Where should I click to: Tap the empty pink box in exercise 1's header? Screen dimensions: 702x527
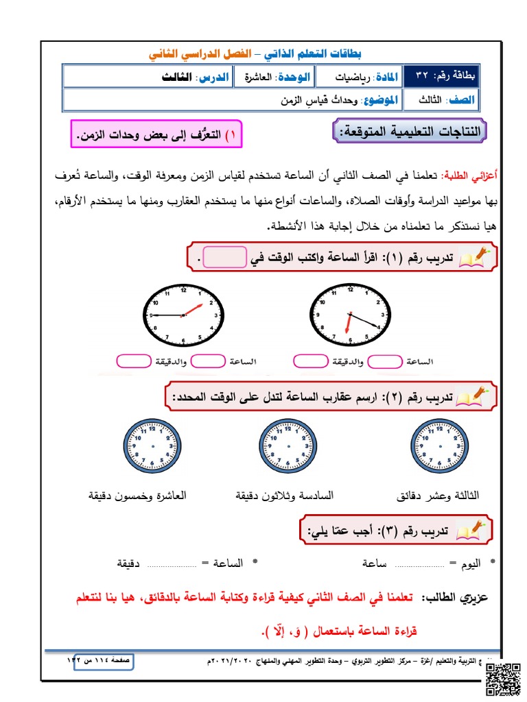(x=224, y=258)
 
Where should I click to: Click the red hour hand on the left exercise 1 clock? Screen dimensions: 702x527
(x=194, y=308)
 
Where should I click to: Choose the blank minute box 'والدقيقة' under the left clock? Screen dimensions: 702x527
(x=134, y=361)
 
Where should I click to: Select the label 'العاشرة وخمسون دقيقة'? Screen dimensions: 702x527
(x=137, y=495)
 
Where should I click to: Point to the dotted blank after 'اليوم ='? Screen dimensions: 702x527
(x=419, y=564)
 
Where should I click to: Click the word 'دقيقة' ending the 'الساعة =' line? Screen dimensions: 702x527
(x=130, y=564)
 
